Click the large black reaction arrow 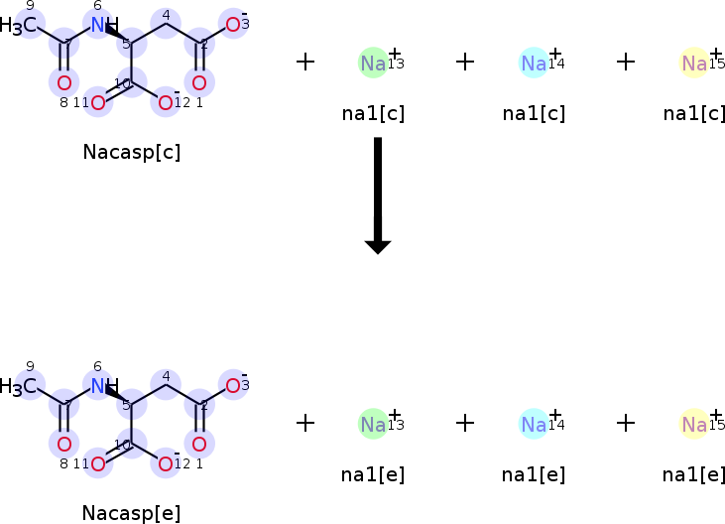[377, 195]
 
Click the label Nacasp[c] [132, 153]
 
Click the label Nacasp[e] [132, 513]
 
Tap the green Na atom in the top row [373, 63]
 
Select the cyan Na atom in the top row [534, 63]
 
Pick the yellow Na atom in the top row [693, 63]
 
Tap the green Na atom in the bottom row [373, 424]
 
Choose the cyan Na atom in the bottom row [534, 424]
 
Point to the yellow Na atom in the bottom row [693, 424]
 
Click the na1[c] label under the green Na [373, 113]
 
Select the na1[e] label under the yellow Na [694, 474]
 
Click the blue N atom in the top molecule [97, 25]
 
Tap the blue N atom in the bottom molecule [97, 385]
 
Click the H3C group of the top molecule [20, 25]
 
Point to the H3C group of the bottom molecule [20, 385]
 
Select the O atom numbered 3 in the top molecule [232, 25]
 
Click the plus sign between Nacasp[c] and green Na [305, 62]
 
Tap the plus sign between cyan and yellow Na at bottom [625, 423]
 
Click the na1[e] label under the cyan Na [534, 474]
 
